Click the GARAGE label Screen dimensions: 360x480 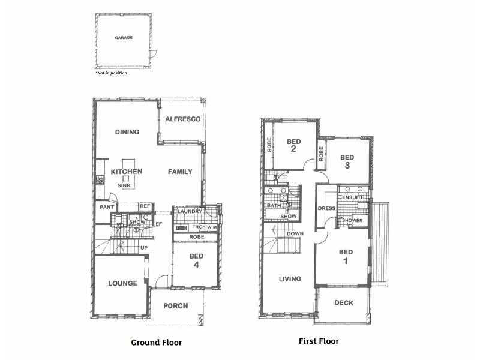point(124,38)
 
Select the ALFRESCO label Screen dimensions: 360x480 point(182,119)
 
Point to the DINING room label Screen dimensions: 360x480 point(127,132)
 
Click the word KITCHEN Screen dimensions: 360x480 point(127,172)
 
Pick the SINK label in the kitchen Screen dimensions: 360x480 point(124,186)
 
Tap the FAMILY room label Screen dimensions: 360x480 point(180,172)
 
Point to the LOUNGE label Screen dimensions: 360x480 point(123,283)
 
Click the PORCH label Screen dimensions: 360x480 point(176,306)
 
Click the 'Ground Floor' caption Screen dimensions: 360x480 point(156,343)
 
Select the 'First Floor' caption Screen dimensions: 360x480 point(319,341)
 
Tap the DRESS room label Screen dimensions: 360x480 point(326,208)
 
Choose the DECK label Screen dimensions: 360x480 point(344,303)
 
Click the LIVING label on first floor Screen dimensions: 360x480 point(290,279)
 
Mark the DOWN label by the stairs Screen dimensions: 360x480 point(295,234)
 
